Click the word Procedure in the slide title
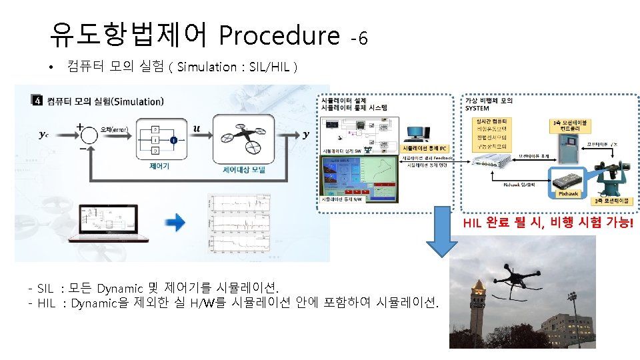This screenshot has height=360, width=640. click(x=279, y=35)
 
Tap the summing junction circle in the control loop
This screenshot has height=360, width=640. click(x=87, y=135)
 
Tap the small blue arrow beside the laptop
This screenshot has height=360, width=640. click(x=176, y=223)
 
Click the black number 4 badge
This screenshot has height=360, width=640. click(x=37, y=101)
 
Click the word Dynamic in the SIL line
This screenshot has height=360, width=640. click(x=120, y=289)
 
